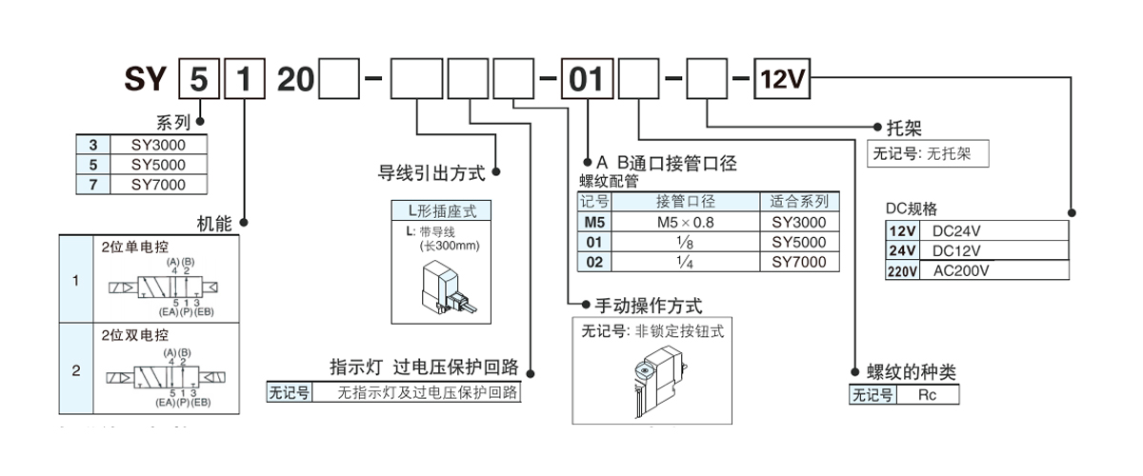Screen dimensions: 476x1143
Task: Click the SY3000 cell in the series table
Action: point(158,145)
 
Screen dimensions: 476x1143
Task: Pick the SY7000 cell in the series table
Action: point(158,185)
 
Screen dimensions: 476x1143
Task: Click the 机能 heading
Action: point(214,224)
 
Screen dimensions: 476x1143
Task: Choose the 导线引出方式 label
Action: point(432,173)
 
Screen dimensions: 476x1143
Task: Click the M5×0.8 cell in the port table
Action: point(685,222)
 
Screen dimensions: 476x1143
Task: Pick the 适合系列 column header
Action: point(799,202)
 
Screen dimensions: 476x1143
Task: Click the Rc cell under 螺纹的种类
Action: point(926,395)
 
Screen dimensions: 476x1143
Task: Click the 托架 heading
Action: point(904,127)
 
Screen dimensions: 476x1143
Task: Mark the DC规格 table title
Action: point(912,208)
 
